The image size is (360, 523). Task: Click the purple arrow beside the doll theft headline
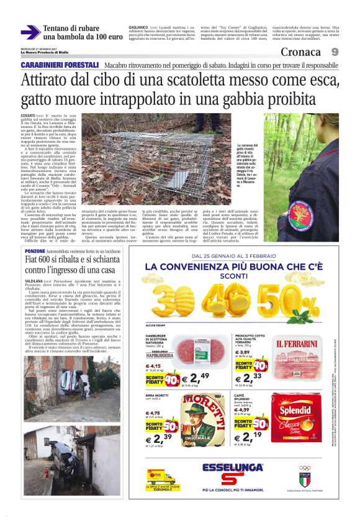pyautogui.click(x=30, y=32)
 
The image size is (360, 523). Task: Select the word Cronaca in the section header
pyautogui.click(x=300, y=52)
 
